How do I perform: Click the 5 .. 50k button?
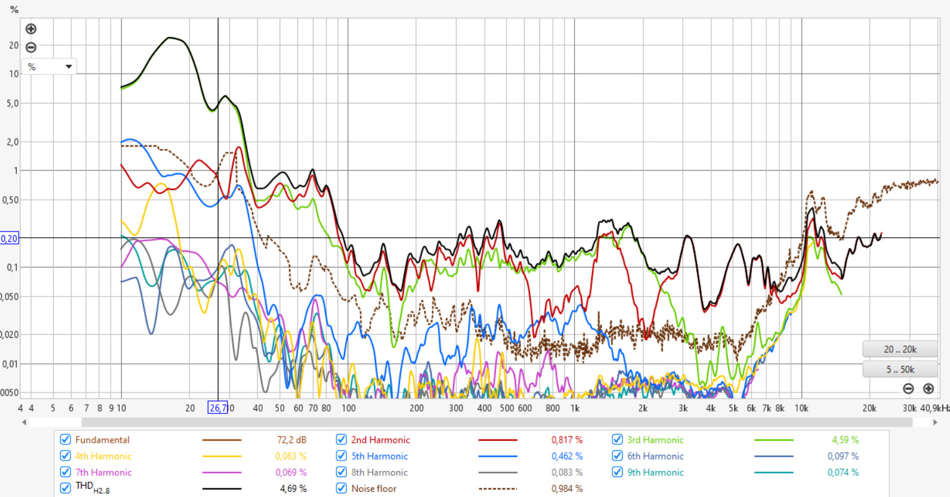(x=900, y=370)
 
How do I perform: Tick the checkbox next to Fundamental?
(x=65, y=440)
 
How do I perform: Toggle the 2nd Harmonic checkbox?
(x=341, y=440)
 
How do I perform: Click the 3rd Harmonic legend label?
(x=655, y=440)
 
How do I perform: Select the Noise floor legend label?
(x=374, y=488)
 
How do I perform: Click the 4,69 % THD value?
(x=293, y=488)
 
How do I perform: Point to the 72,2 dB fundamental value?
(x=291, y=440)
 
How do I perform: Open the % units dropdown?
(x=49, y=66)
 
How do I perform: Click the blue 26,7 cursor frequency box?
(x=218, y=408)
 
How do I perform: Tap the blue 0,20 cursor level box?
(x=9, y=238)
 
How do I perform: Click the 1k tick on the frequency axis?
(x=575, y=408)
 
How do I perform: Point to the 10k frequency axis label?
(x=802, y=408)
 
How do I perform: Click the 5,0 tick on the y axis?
(x=12, y=103)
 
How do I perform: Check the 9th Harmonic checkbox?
(x=617, y=472)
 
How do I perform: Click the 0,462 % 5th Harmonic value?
(x=567, y=456)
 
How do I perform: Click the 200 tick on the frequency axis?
(x=417, y=408)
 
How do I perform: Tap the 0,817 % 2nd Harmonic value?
(x=567, y=440)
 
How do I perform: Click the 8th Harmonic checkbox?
(x=341, y=472)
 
